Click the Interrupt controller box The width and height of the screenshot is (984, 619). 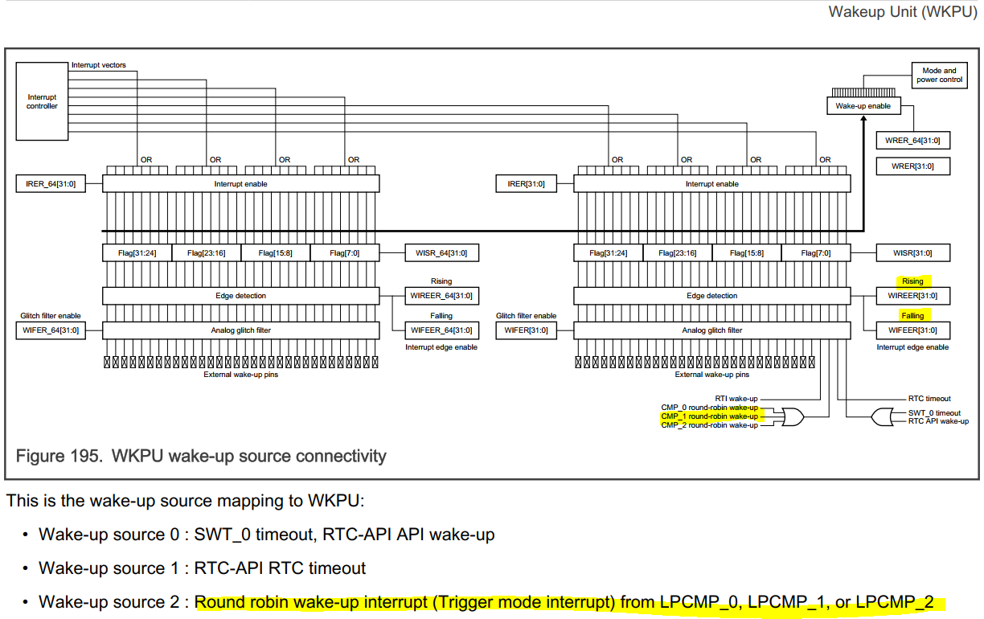point(42,101)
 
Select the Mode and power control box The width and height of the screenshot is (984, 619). point(939,75)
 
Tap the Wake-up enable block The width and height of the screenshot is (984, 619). point(863,105)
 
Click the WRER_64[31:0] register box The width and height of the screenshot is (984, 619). point(912,141)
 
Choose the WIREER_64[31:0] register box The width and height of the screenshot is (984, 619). point(441,296)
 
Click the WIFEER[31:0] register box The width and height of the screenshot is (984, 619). point(912,330)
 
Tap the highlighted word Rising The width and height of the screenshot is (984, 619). point(912,281)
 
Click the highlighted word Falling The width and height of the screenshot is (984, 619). point(912,316)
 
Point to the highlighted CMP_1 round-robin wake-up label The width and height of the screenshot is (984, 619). point(709,416)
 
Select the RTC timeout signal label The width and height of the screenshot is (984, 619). point(929,399)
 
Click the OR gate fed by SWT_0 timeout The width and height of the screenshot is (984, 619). point(882,416)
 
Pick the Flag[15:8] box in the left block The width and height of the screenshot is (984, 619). point(274,253)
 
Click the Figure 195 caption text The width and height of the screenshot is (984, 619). point(201,457)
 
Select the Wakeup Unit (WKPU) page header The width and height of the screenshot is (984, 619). point(902,11)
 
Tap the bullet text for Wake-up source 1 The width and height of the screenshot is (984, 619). point(202,568)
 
